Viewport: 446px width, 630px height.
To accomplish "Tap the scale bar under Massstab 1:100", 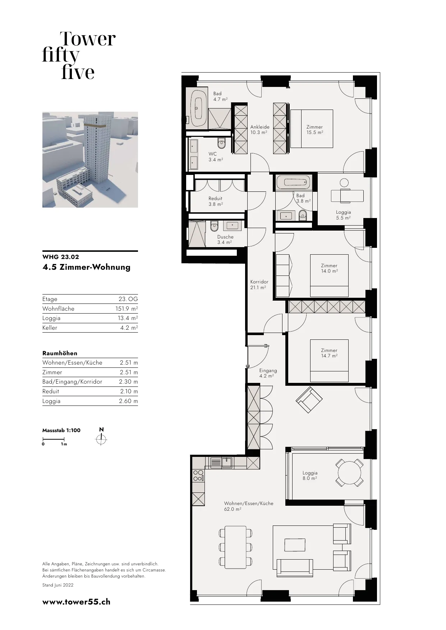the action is pos(54,439).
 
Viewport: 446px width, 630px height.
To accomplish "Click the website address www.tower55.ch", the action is pos(77,602).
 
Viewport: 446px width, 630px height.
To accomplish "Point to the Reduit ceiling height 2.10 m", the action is pos(129,392).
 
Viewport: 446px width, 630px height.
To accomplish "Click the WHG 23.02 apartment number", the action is pos(61,257).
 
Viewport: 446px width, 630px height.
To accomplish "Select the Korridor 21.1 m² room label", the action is pos(259,284).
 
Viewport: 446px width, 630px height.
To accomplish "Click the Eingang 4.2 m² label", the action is pos(268,373).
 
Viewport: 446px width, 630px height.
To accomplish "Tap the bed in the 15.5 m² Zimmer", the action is pos(312,129).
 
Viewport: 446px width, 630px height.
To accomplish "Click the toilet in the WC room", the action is pos(221,144).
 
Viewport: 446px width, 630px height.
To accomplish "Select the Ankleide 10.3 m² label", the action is pos(260,130).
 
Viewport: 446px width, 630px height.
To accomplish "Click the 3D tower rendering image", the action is pos(90,159).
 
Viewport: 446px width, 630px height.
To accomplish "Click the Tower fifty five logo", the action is pos(79,55).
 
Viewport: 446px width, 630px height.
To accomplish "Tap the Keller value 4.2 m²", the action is pos(129,328).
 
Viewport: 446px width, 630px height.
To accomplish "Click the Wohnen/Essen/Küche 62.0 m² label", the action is pos(249,506).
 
